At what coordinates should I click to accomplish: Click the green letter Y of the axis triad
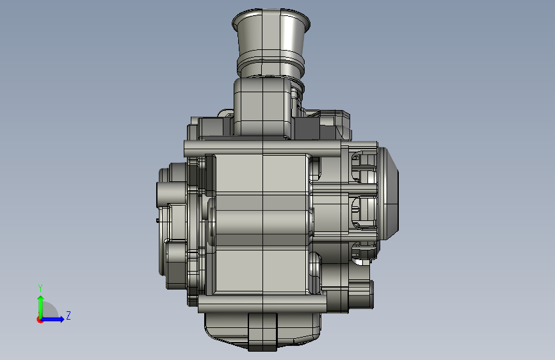click(40, 288)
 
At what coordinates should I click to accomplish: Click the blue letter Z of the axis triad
click(68, 315)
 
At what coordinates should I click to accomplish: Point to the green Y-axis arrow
click(41, 307)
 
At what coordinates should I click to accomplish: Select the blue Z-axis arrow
click(52, 319)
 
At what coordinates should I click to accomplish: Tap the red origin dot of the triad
click(40, 320)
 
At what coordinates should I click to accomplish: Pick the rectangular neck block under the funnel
click(262, 106)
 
